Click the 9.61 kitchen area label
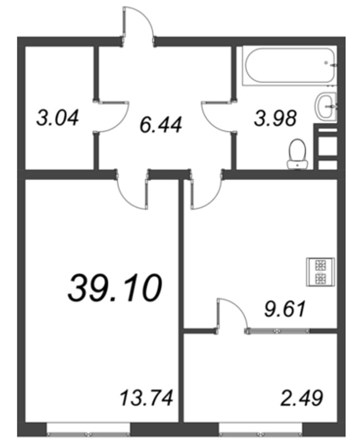pyautogui.click(x=285, y=308)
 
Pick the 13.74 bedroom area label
pyautogui.click(x=147, y=399)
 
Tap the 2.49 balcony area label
pyautogui.click(x=302, y=399)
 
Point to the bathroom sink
pyautogui.click(x=325, y=106)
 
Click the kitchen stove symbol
pyautogui.click(x=321, y=272)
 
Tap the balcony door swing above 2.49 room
pyautogui.click(x=231, y=315)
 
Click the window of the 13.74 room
pyautogui.click(x=88, y=429)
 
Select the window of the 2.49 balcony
pyautogui.click(x=260, y=429)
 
